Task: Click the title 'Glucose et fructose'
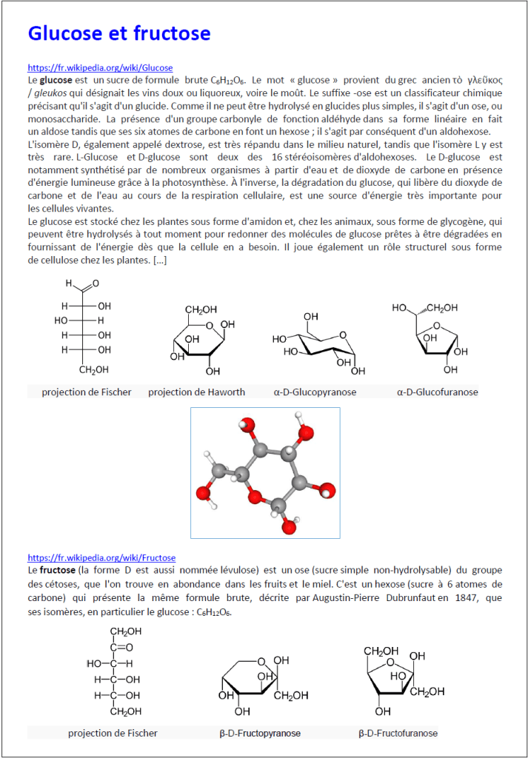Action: pos(118,33)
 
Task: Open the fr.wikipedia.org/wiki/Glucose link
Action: pos(100,67)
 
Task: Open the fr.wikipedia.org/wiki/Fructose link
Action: pos(101,557)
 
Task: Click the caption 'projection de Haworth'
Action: pos(196,392)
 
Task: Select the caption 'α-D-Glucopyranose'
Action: pos(315,392)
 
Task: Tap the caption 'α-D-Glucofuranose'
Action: pos(437,392)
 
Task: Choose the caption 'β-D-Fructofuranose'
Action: pos(398,733)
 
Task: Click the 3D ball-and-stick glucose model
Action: pos(265,472)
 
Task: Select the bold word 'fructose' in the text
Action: pos(57,570)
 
